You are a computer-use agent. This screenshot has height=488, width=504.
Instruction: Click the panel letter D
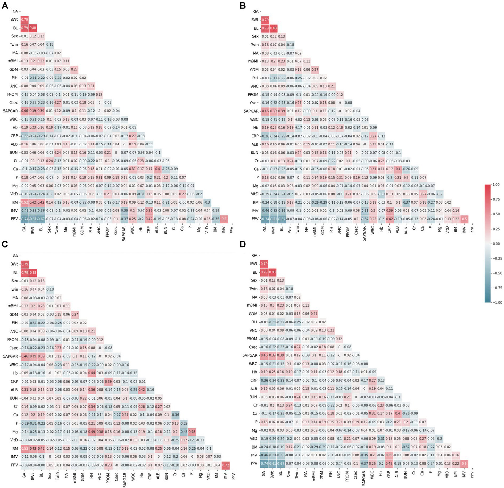point(243,245)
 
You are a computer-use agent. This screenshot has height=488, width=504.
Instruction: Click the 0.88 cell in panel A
point(33,28)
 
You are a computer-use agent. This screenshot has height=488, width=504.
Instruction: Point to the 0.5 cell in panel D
point(463,463)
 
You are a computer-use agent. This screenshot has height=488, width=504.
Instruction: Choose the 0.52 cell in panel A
point(24,202)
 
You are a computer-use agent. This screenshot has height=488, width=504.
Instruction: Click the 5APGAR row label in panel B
point(251,111)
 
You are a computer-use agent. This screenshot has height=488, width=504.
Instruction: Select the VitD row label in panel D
point(253,438)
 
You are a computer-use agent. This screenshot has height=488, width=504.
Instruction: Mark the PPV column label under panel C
point(233,475)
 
